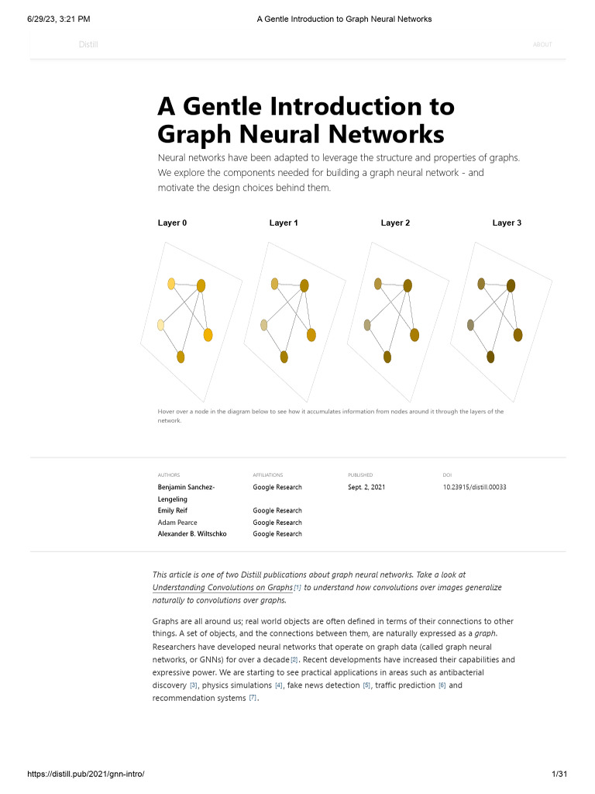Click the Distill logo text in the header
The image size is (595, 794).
click(88, 45)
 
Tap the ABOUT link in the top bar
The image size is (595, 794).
click(542, 45)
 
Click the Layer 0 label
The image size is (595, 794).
click(172, 223)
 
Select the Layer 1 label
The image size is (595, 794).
click(284, 223)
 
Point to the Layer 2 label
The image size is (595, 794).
click(395, 223)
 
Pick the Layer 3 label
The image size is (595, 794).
click(507, 223)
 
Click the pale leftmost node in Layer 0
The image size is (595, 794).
click(161, 325)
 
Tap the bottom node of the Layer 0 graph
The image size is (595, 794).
click(181, 357)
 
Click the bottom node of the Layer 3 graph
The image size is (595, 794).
click(490, 357)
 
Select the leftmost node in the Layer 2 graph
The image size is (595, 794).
click(367, 325)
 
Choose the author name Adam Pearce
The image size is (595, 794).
click(177, 523)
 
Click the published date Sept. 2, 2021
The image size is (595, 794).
click(366, 487)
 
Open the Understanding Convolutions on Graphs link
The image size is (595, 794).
click(222, 588)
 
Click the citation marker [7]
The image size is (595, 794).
click(253, 698)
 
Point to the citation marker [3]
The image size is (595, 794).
click(194, 685)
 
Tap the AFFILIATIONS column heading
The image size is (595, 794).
click(268, 475)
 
